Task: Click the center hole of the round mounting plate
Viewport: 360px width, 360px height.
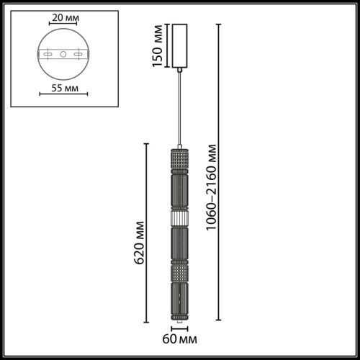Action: pos(62,55)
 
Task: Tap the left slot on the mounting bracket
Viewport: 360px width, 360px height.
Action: pos(47,55)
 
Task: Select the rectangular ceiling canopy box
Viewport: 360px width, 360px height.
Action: pos(179,47)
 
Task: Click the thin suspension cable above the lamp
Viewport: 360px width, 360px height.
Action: pos(179,108)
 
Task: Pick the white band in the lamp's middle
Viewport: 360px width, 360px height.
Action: pos(179,216)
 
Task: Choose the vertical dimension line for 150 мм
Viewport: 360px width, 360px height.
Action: pos(165,47)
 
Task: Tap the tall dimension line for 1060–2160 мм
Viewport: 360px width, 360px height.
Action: pos(220,173)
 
